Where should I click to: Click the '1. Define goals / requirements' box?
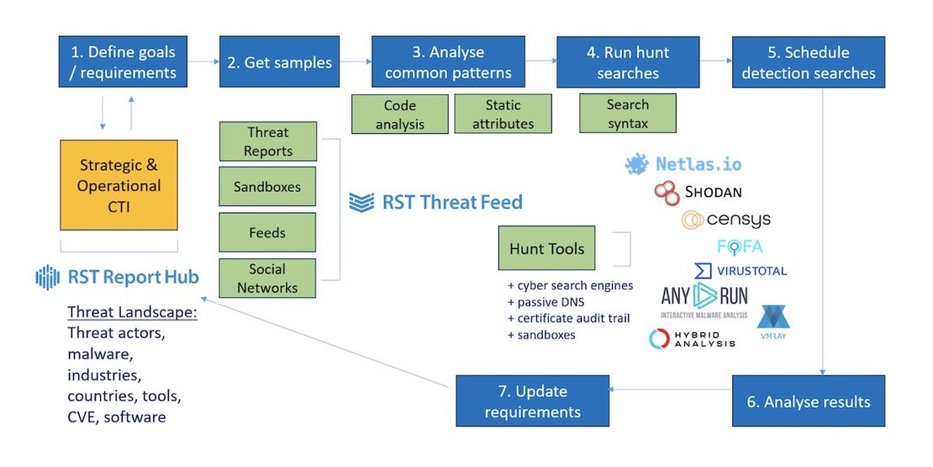point(123,61)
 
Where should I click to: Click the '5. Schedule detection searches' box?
point(808,61)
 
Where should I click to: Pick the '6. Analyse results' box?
point(808,401)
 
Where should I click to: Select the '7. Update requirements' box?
point(532,401)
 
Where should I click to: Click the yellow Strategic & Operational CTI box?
point(119,185)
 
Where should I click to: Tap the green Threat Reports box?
point(267,141)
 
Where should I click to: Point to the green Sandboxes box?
point(267,187)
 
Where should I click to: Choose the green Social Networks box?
point(267,278)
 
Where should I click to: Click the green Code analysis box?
point(400,114)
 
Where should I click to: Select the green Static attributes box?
point(503,114)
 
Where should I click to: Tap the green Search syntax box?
point(627,114)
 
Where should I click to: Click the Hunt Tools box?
point(546,248)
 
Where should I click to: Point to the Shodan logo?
point(698,193)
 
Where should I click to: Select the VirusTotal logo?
point(741,271)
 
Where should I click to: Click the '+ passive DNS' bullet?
point(546,301)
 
